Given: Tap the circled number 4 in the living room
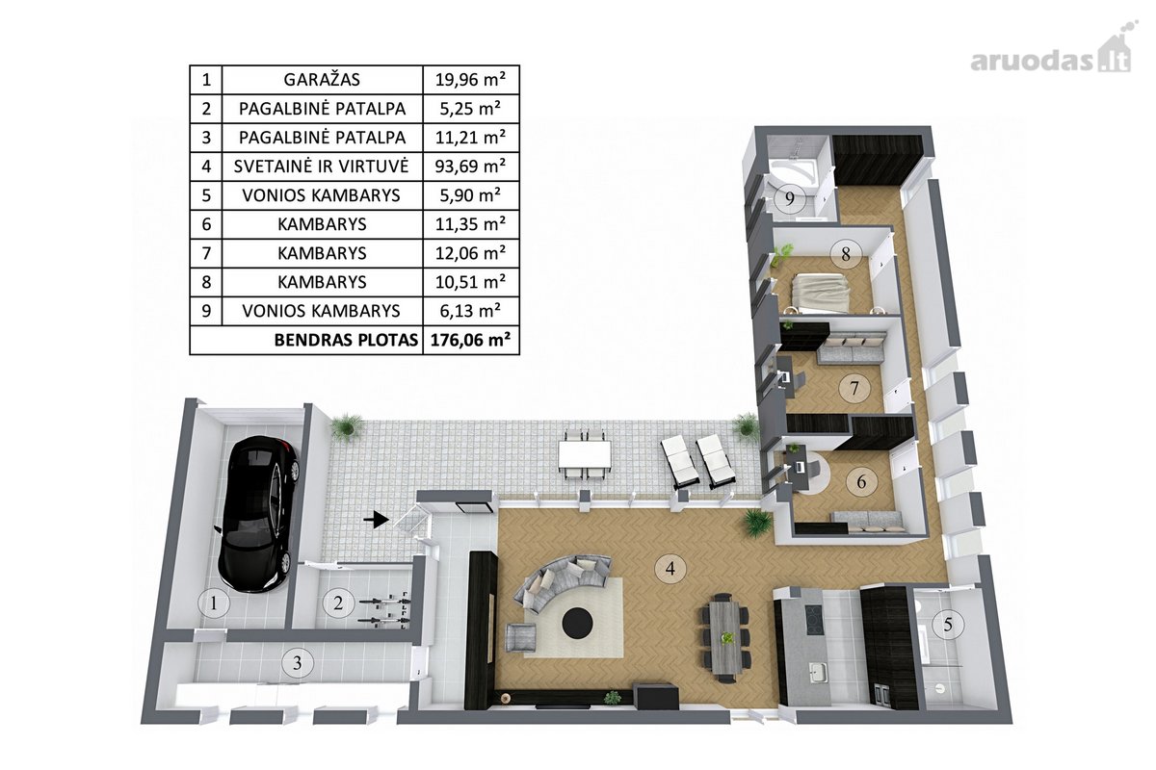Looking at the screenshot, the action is point(670,568).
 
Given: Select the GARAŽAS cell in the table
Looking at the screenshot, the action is point(322,80).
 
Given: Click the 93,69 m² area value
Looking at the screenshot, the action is point(471,167).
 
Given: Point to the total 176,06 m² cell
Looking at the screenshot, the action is point(471,340).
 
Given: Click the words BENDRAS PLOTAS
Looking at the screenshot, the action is point(346,341).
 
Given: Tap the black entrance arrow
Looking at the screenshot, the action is point(377,520).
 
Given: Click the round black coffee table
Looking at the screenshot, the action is point(577,623).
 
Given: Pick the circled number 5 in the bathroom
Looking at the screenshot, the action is point(948,625).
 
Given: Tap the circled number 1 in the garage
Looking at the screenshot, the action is point(214,603).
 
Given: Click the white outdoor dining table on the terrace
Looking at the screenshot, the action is point(584,454).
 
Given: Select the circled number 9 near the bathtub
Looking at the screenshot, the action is point(790,198).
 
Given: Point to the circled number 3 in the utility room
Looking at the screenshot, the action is point(298,663).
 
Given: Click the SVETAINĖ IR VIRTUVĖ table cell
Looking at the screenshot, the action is point(322,167).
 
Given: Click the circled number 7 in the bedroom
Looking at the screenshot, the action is point(854,387).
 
